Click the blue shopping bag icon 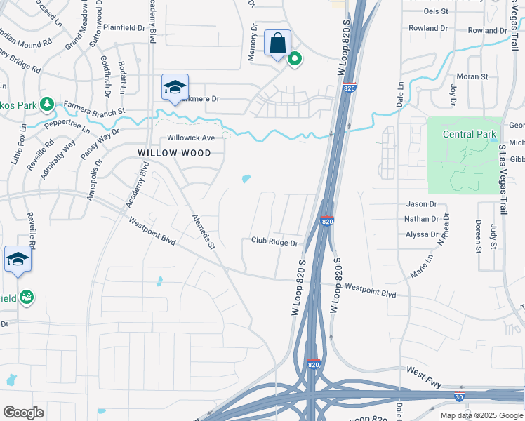pos(277,43)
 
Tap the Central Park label pos(470,134)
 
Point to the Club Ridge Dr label pos(274,242)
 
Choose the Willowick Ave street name pos(190,138)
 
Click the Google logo pos(23,413)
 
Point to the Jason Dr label pos(421,204)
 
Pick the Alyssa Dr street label pos(421,234)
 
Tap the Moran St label pos(472,76)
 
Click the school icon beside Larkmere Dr pos(175,87)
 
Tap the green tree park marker pos(47,104)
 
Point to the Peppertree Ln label pos(67,126)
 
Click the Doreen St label pos(477,236)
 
